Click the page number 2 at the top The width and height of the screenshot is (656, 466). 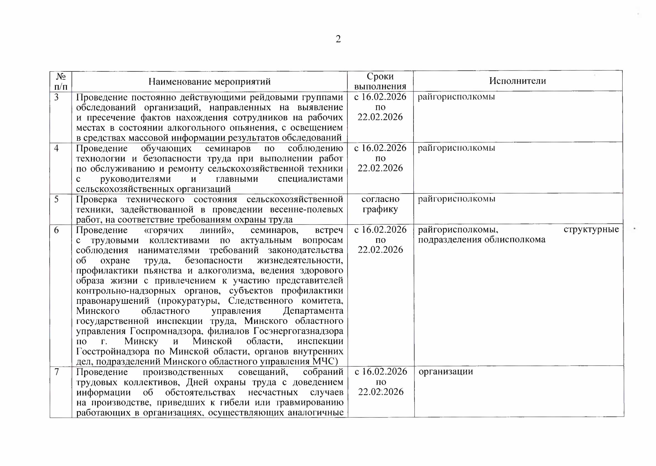click(x=338, y=39)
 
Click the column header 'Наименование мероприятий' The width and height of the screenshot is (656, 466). click(x=209, y=82)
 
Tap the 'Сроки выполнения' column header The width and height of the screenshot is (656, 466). click(x=380, y=81)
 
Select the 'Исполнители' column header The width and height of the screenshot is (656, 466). click(x=517, y=81)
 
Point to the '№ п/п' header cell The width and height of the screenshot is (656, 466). click(x=61, y=82)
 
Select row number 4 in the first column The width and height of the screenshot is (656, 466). click(x=56, y=148)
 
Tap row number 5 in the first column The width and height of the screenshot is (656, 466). click(x=56, y=200)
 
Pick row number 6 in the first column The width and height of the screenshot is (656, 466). click(x=56, y=230)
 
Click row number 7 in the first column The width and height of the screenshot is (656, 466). click(x=57, y=372)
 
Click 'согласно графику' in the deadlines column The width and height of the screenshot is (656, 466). click(x=380, y=204)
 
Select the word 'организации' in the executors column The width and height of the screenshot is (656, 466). click(x=445, y=372)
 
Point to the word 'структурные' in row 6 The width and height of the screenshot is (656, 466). click(x=591, y=230)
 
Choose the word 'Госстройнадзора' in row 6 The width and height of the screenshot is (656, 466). click(x=113, y=351)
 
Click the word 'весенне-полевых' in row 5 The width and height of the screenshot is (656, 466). click(x=306, y=210)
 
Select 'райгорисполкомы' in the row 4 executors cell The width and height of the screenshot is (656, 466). click(x=456, y=148)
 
